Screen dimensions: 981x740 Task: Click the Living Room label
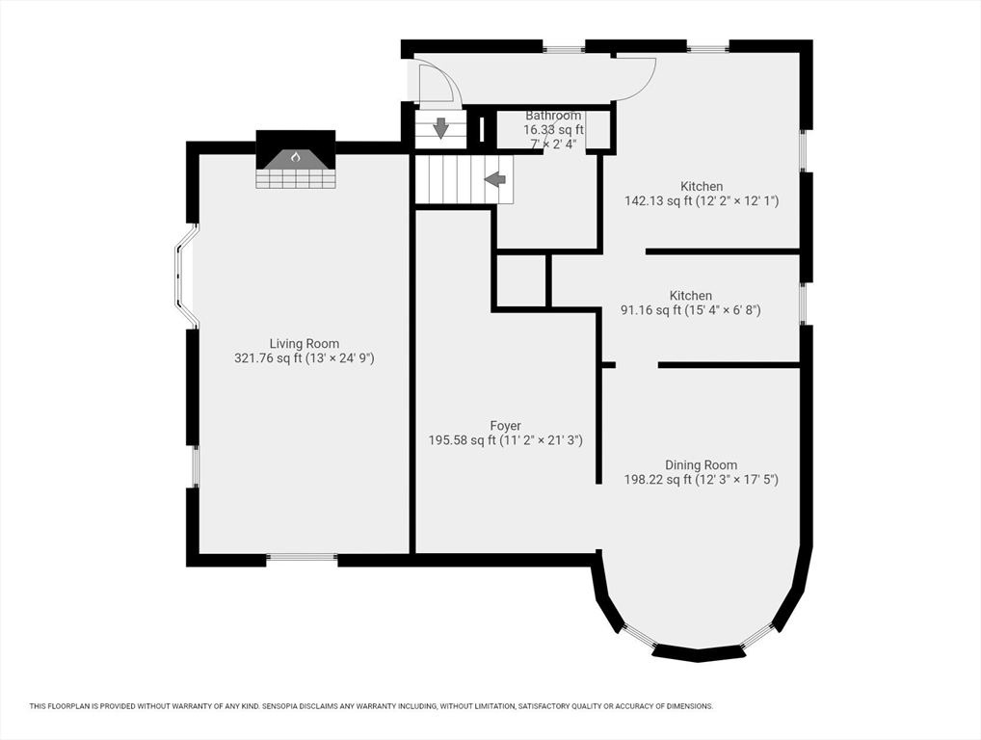[305, 343]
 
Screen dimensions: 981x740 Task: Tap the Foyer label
[506, 426]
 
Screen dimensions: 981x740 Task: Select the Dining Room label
[701, 464]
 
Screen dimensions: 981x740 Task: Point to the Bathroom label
[553, 116]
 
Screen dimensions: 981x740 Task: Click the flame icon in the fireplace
[295, 157]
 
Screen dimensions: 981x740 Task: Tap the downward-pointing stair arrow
[441, 127]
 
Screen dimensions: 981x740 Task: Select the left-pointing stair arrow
[495, 179]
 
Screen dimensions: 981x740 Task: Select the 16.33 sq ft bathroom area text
[553, 130]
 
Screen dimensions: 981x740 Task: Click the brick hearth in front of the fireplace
[296, 178]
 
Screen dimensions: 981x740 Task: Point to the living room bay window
[185, 276]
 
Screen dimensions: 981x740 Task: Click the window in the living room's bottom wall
[303, 557]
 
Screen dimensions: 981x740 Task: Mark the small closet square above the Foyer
[520, 280]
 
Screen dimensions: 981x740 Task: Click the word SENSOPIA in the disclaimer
[281, 706]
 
